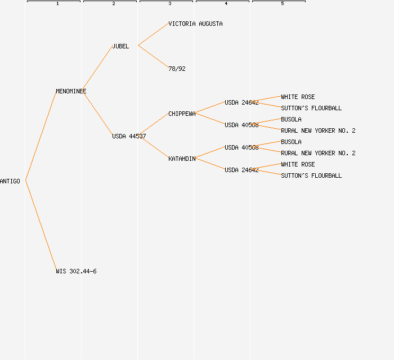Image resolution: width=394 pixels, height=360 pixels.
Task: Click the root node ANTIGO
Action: coord(10,181)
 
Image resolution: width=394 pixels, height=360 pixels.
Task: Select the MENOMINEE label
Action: coord(71,91)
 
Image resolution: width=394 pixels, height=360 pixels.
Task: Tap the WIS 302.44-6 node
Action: coord(76,271)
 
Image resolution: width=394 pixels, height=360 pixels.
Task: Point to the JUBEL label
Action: coord(120,46)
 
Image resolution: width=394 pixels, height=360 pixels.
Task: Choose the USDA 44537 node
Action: coord(129,136)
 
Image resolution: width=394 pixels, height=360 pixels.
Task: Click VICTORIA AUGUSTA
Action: coord(195,24)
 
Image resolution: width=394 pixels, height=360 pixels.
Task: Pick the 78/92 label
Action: coord(177,69)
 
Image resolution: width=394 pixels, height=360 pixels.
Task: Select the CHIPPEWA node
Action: coord(182,114)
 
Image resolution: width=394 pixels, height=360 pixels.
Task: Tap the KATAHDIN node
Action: coord(182,159)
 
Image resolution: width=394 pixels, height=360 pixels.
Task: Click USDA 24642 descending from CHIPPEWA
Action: coord(241,102)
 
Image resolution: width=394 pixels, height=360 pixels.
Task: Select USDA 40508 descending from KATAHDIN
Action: coord(241,147)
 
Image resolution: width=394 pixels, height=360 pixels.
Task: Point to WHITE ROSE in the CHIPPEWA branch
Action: coord(298,97)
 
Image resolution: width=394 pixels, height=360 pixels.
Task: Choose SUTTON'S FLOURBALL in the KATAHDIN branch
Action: coord(311,175)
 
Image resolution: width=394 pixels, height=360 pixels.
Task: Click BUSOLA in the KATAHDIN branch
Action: coord(291,142)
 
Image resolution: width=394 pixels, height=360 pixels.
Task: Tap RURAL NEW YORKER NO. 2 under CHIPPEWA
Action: coord(318,130)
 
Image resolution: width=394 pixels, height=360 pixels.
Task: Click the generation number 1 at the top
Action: coord(57,4)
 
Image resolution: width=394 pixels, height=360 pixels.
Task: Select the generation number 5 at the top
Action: coord(283,4)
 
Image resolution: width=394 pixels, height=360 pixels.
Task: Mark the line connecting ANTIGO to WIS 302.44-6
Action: coord(41,226)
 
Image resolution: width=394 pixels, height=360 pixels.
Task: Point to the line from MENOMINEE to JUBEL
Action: coord(98,69)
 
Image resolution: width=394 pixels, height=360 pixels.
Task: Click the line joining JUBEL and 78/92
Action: coord(153,57)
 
